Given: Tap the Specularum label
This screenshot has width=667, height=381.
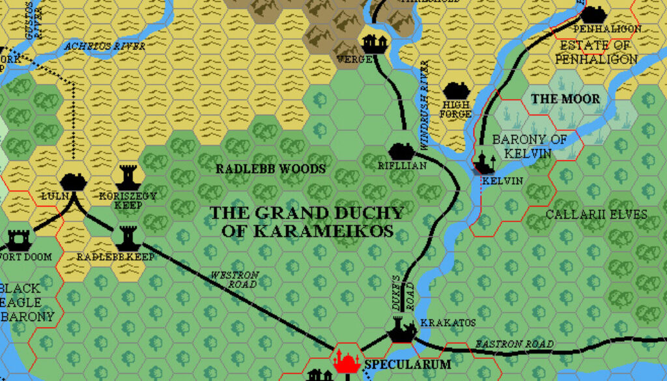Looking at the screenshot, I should [408, 365].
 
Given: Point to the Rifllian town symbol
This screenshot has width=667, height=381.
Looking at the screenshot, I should [402, 151].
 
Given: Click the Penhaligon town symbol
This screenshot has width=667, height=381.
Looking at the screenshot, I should [593, 14].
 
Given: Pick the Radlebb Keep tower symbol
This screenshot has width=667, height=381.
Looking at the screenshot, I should [127, 238].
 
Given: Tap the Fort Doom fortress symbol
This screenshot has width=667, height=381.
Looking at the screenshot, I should [18, 240].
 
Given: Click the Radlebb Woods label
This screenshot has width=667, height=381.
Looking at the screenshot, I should [270, 169].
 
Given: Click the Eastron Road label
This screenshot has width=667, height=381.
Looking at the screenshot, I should [514, 343].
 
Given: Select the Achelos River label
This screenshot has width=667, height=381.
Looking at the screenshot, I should [104, 46].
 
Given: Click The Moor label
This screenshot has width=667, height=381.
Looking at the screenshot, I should [565, 99].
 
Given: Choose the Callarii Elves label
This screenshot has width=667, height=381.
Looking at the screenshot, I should [596, 214].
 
